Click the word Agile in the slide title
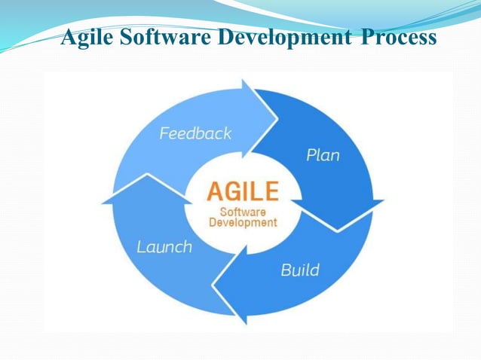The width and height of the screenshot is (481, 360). [85, 38]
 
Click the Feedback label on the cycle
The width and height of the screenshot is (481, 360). [195, 134]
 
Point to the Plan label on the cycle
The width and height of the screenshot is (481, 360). [323, 156]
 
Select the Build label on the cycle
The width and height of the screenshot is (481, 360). [300, 270]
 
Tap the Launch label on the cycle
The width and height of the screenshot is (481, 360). [164, 247]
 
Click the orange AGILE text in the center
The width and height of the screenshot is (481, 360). [242, 191]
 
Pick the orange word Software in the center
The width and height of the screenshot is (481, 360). [242, 211]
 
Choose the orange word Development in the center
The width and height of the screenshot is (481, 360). [242, 223]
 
